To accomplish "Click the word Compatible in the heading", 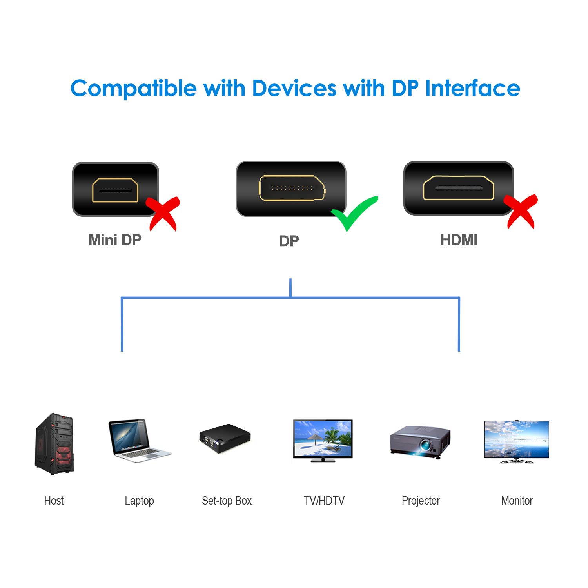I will point(133,89).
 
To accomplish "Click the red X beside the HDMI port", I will point(521,211).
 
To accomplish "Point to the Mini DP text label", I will point(115,240).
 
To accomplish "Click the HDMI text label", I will point(459,240).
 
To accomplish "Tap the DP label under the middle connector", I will point(289,241).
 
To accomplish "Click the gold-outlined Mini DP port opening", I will point(115,190).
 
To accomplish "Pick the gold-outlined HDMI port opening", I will point(458,188).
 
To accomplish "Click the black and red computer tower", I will point(54,444).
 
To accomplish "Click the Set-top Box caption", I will point(227,501).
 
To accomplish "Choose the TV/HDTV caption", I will point(324,501).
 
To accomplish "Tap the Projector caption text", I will point(421,501).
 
